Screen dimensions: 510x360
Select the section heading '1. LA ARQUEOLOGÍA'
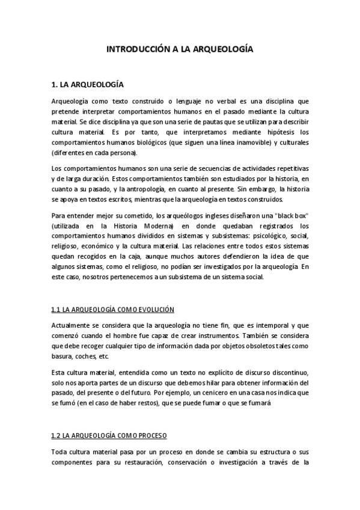tap(88, 85)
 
